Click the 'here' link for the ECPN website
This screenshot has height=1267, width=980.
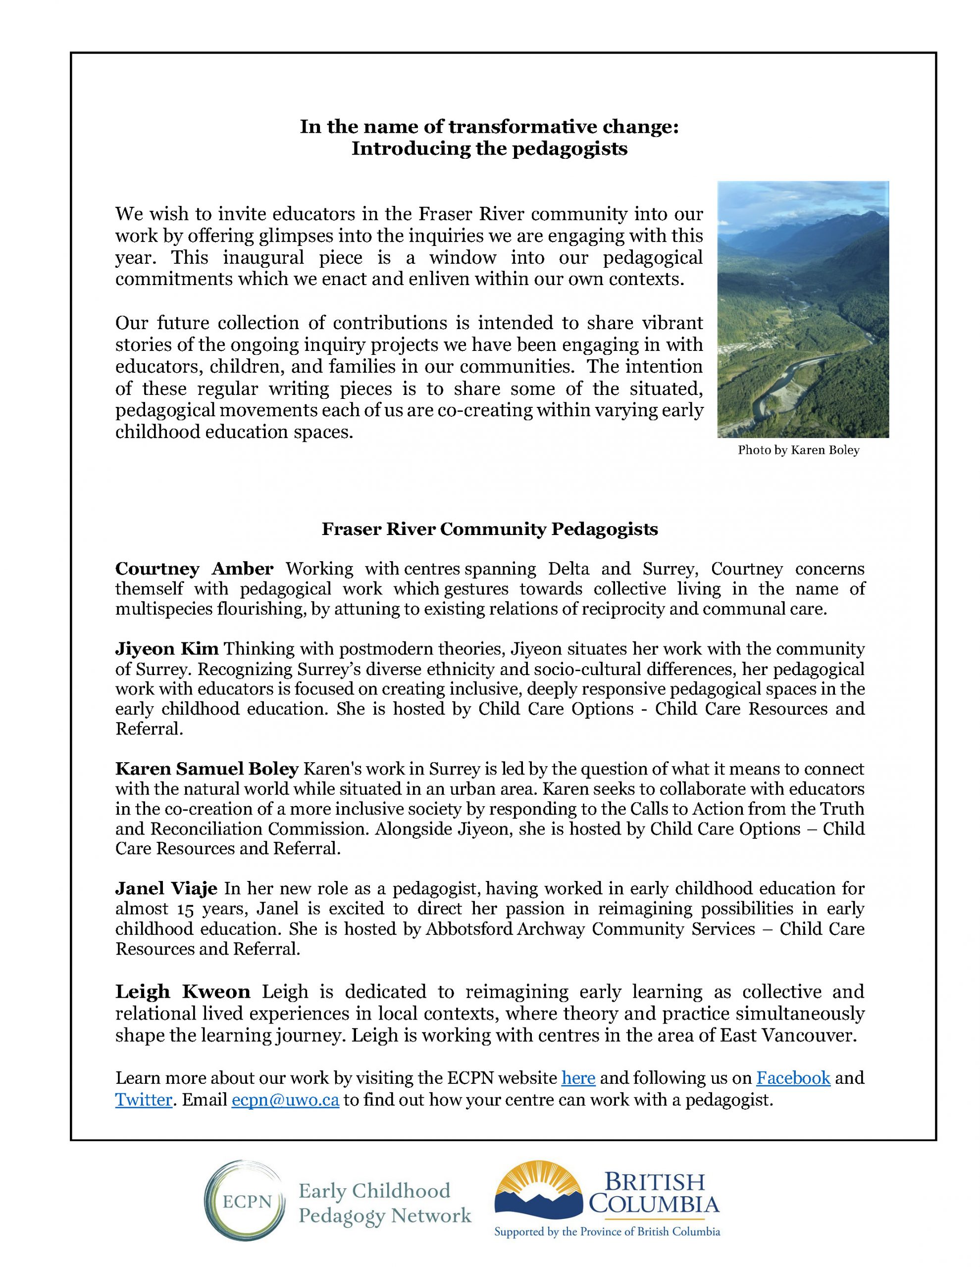578,1078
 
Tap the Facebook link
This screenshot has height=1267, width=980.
793,1078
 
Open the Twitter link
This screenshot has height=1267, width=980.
144,1100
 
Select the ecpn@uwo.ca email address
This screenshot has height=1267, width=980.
285,1100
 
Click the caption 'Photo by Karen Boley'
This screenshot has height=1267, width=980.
798,450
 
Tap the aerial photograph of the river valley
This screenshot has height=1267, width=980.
802,309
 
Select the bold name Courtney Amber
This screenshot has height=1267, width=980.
194,569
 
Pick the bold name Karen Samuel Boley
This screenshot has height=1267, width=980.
206,769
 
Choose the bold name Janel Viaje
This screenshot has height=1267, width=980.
166,888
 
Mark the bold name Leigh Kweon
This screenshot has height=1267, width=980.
182,991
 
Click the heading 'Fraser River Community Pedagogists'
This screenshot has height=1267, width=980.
489,529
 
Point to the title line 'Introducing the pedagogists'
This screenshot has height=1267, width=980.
489,148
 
